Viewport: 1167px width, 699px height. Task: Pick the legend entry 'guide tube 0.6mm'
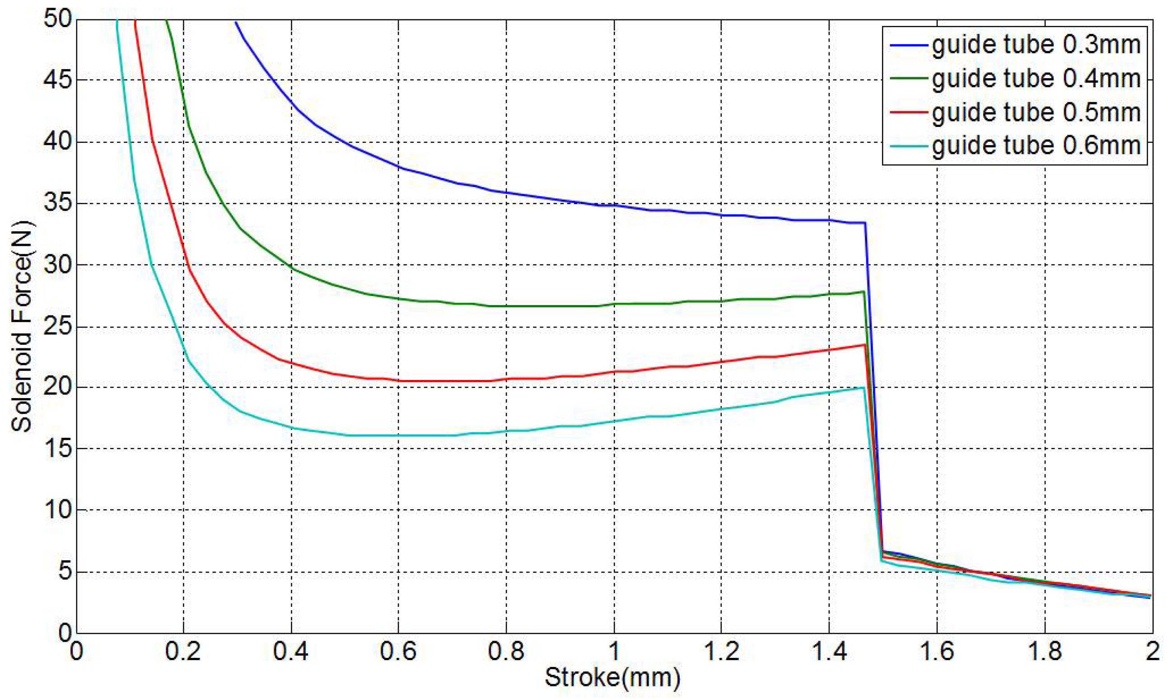[x=1036, y=146]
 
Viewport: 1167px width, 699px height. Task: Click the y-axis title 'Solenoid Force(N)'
[x=22, y=326]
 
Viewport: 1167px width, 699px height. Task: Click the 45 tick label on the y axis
[x=57, y=80]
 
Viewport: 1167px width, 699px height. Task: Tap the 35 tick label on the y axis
[x=57, y=203]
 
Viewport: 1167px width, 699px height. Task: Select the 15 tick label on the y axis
[x=57, y=449]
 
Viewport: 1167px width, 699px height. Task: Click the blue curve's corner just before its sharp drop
[x=865, y=223]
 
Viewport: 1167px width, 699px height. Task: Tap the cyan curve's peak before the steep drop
[x=863, y=388]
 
